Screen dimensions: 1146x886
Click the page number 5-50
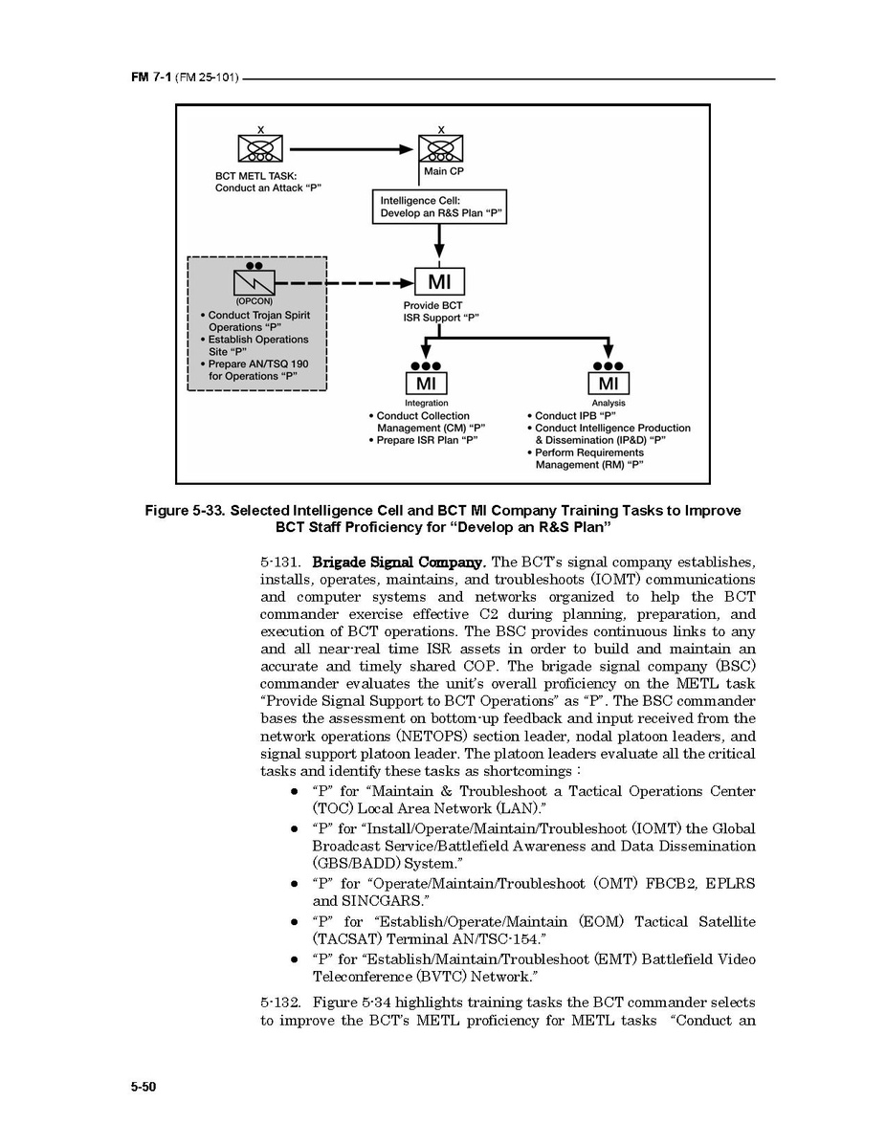click(144, 1088)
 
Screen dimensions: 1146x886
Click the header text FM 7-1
click(148, 77)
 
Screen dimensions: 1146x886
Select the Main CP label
click(443, 172)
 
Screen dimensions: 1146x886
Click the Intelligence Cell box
click(438, 207)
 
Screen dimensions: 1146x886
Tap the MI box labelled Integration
click(426, 384)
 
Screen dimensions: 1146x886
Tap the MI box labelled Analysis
click(609, 384)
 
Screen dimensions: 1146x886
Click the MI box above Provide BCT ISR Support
click(439, 282)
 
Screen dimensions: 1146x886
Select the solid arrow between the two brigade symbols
click(349, 149)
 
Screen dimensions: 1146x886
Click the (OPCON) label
click(254, 302)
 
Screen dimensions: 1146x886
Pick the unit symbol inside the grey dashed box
click(255, 282)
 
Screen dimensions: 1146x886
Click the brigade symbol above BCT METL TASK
click(259, 149)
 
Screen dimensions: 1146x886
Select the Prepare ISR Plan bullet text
click(427, 440)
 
